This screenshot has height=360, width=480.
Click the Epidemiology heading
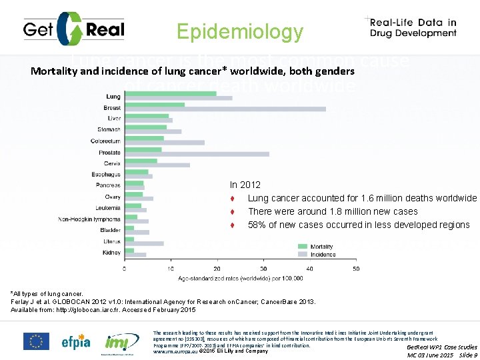pyautogui.click(x=239, y=31)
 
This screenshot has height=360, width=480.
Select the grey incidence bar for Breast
pyautogui.click(x=226, y=108)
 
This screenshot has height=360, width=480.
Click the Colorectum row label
pyautogui.click(x=105, y=141)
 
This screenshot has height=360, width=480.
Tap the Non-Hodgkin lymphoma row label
pyautogui.click(x=89, y=218)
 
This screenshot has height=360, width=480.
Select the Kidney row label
pyautogui.click(x=112, y=252)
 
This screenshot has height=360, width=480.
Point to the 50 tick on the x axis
pyautogui.click(x=355, y=268)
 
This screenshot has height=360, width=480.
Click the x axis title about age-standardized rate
pyautogui.click(x=239, y=277)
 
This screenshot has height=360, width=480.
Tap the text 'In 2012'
pyautogui.click(x=245, y=185)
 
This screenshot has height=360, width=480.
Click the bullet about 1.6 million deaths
pyautogui.click(x=362, y=198)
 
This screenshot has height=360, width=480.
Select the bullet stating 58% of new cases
pyautogui.click(x=358, y=225)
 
